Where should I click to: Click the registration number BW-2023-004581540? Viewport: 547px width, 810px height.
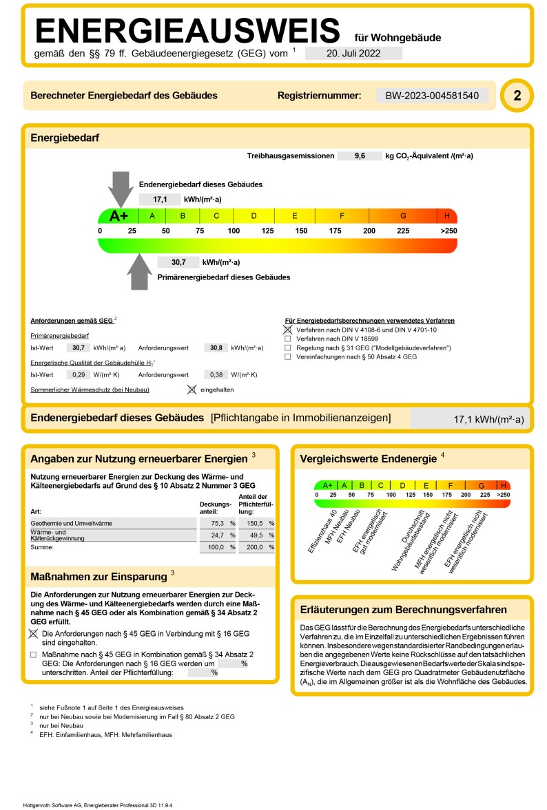(432, 96)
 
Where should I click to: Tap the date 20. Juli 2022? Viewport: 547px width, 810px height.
(353, 53)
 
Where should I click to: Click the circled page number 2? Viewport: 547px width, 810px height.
(517, 96)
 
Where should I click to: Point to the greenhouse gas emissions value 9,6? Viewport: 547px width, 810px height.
(360, 156)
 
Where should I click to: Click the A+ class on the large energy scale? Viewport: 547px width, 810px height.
(118, 215)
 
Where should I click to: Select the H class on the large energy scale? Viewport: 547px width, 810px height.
(447, 215)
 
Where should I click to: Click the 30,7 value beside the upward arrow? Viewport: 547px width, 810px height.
(178, 262)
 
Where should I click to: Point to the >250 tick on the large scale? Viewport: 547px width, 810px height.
(448, 231)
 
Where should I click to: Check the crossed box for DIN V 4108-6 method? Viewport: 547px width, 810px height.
(288, 330)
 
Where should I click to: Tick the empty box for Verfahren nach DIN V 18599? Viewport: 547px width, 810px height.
(288, 339)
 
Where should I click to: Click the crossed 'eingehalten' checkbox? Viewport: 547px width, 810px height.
(192, 390)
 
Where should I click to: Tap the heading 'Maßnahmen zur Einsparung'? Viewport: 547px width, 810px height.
(99, 576)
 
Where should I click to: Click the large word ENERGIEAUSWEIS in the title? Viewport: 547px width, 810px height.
(187, 31)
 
